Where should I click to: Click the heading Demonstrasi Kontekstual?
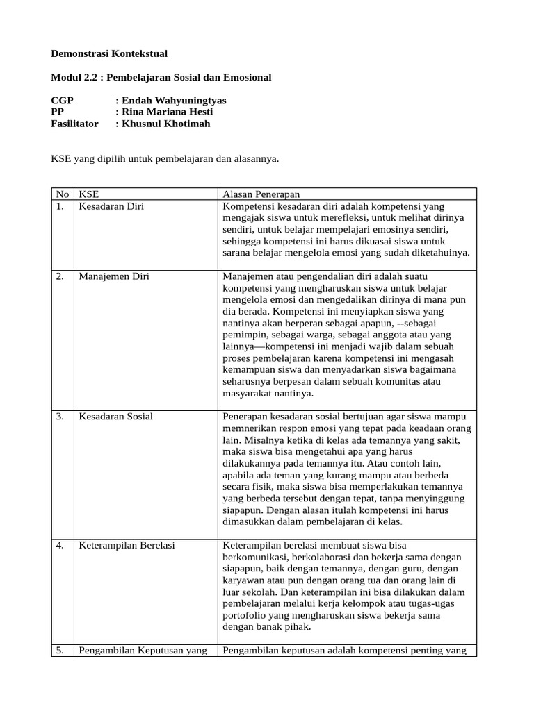click(x=109, y=53)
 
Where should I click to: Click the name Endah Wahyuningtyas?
click(x=174, y=101)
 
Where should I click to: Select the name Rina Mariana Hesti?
click(x=168, y=112)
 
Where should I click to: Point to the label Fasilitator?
click(x=75, y=124)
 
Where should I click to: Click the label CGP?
click(x=63, y=101)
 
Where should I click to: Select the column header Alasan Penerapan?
click(x=261, y=194)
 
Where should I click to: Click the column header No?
click(x=63, y=194)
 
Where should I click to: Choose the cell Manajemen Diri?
click(x=114, y=276)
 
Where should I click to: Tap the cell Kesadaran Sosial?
click(x=115, y=417)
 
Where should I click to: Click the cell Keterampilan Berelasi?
click(x=127, y=545)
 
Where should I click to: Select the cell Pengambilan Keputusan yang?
click(x=143, y=651)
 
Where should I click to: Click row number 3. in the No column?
click(x=60, y=417)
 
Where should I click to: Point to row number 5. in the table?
click(x=60, y=651)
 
